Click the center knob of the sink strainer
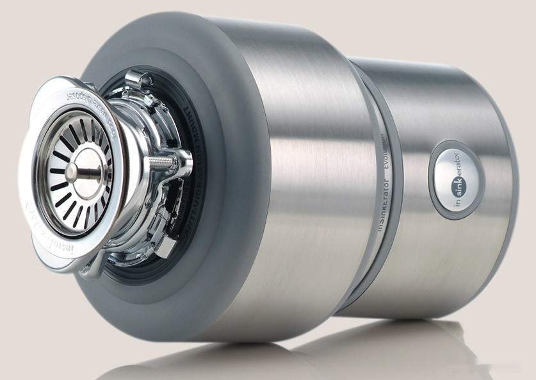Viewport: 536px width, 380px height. coord(72,171)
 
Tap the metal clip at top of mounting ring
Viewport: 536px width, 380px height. coord(140,80)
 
